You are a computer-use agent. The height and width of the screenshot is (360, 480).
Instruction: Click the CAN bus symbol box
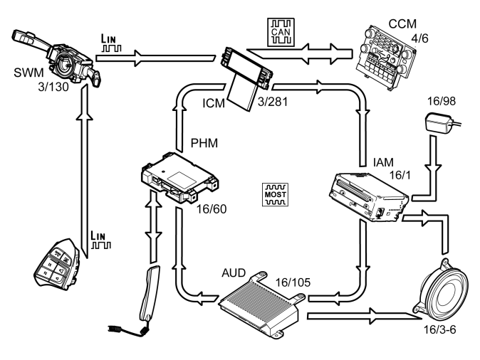(281, 32)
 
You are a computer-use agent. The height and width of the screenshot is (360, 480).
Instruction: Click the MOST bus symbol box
(275, 194)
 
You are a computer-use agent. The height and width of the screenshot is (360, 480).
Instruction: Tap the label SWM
(28, 73)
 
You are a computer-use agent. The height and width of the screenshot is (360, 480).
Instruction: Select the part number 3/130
(53, 87)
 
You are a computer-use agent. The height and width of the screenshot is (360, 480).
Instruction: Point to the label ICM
(214, 103)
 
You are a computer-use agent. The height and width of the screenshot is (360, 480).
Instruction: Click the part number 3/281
(273, 102)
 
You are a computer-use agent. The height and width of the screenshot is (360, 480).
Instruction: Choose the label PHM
(204, 143)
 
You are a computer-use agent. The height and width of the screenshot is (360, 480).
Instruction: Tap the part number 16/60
(212, 209)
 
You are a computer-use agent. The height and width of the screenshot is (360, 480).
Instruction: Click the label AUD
(234, 272)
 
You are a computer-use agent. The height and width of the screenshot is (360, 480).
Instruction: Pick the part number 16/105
(293, 282)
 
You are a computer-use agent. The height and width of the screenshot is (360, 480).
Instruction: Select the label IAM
(383, 162)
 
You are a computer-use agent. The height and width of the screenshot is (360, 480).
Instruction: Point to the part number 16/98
(441, 101)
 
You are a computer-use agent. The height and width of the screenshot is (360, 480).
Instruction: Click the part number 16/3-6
(439, 329)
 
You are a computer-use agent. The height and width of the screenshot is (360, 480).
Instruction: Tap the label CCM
(402, 24)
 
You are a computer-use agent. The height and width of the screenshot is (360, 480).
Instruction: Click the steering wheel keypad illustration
(57, 265)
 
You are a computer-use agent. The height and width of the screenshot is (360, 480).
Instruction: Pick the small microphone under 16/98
(442, 123)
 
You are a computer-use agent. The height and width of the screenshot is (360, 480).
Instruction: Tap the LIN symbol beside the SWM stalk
(111, 43)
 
